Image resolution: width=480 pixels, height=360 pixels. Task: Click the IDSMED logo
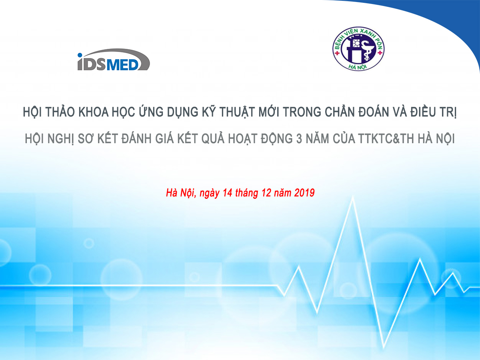pyautogui.click(x=114, y=60)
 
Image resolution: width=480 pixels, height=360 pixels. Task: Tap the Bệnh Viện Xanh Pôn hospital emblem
pyautogui.click(x=358, y=49)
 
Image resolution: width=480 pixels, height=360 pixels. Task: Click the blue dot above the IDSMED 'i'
pyautogui.click(x=80, y=55)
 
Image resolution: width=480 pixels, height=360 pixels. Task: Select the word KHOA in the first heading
pyautogui.click(x=93, y=112)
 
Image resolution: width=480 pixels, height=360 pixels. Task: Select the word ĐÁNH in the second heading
pyautogui.click(x=136, y=138)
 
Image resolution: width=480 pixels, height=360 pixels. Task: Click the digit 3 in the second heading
pyautogui.click(x=299, y=139)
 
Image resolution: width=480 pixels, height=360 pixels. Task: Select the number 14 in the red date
pyautogui.click(x=228, y=193)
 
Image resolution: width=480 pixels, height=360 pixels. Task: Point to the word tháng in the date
pyautogui.click(x=246, y=194)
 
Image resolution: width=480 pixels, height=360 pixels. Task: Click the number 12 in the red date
pyautogui.click(x=266, y=193)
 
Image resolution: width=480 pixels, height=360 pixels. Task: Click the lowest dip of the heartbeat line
pyautogui.click(x=384, y=348)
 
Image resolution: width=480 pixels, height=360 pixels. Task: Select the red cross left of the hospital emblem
pyautogui.click(x=337, y=53)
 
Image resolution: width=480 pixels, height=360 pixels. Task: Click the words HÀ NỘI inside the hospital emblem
pyautogui.click(x=358, y=67)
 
